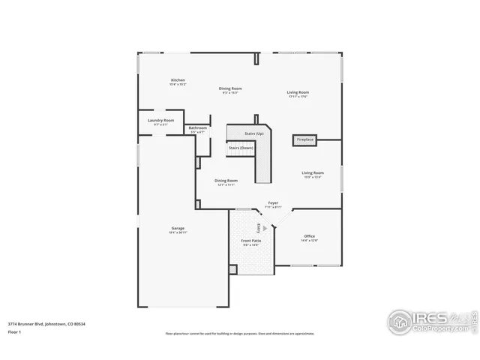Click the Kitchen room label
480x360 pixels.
(x=178, y=80)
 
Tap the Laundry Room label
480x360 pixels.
(x=160, y=120)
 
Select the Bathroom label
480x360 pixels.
(x=198, y=127)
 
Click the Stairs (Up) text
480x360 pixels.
(x=253, y=133)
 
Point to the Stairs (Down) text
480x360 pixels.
(x=241, y=148)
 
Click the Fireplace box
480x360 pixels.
(x=305, y=139)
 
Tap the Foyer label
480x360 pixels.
(x=274, y=202)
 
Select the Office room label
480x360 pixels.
(x=309, y=235)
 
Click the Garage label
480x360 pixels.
(x=178, y=228)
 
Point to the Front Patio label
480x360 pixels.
(x=250, y=241)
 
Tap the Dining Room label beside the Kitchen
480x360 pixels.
(x=230, y=88)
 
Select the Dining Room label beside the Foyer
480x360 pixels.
(x=226, y=180)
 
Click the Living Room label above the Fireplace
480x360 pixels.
(x=298, y=92)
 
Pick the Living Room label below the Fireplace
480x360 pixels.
(x=313, y=172)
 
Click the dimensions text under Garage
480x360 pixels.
(x=178, y=232)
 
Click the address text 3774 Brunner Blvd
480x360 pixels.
(x=44, y=323)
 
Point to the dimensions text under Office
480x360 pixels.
(x=309, y=240)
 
